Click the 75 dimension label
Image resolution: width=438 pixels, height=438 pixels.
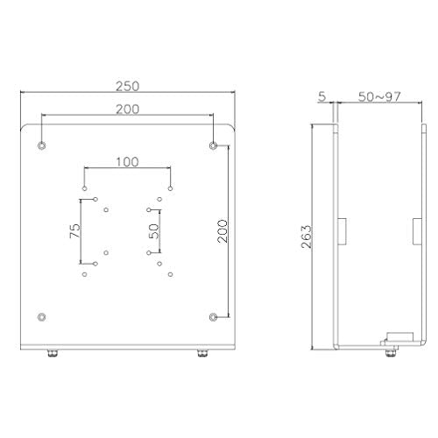pyautogui.click(x=74, y=231)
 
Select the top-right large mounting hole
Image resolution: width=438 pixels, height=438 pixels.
pyautogui.click(x=214, y=143)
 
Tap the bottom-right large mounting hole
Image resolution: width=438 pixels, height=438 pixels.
pyautogui.click(x=214, y=314)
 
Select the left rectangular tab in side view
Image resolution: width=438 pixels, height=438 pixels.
pyautogui.click(x=343, y=230)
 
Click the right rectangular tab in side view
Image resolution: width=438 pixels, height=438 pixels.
pyautogui.click(x=414, y=230)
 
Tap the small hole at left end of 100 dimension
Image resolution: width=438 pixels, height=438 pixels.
pyautogui.click(x=85, y=187)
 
